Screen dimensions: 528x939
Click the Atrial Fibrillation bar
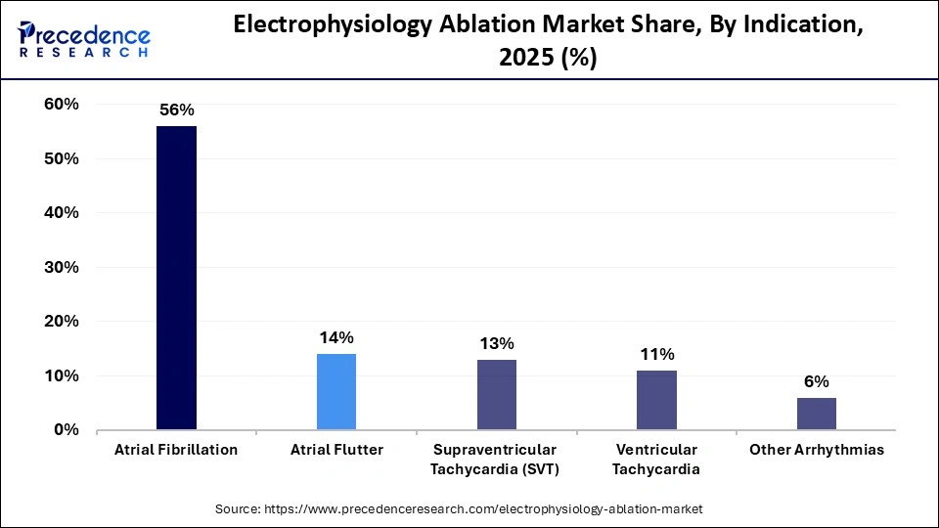pos(176,278)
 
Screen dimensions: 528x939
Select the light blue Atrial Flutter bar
pos(336,391)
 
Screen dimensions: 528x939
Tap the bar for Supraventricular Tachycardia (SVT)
pos(496,394)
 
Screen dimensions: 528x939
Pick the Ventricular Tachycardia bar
pos(656,399)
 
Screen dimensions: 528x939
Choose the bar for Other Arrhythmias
pos(817,413)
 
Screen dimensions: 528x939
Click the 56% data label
pos(177,110)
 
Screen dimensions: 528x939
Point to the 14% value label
pos(336,337)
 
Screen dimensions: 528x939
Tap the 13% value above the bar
pos(497,343)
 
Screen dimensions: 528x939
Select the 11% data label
pos(657,354)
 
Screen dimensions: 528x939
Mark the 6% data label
pos(817,381)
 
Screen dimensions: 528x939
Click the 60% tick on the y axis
pos(62,105)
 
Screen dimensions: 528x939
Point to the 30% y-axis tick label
pos(62,267)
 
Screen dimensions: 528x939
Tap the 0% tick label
pos(67,429)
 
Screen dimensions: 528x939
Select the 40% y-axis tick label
pos(62,213)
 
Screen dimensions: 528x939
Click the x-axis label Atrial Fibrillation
pos(176,450)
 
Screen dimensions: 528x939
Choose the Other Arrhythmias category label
pos(817,450)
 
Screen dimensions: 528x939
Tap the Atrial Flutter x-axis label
pos(336,450)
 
